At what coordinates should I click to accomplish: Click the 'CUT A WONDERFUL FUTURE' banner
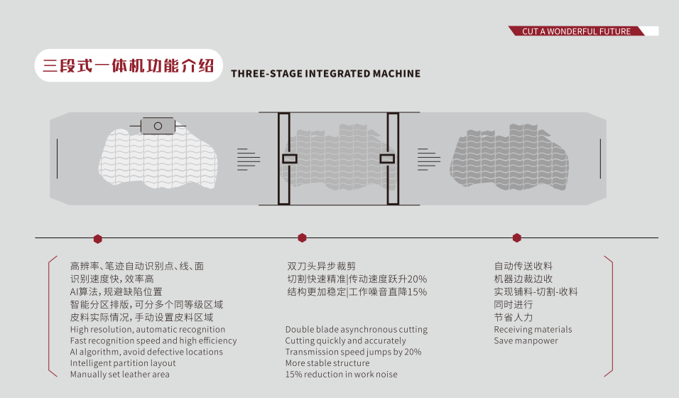[x=576, y=31]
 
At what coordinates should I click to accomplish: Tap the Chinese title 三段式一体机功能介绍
[x=129, y=66]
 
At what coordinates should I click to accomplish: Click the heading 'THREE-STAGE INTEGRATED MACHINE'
[x=325, y=73]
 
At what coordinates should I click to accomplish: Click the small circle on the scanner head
[x=158, y=126]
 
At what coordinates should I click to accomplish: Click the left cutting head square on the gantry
[x=289, y=158]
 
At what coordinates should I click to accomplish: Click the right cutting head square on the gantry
[x=387, y=158]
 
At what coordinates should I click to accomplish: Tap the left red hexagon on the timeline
[x=98, y=239]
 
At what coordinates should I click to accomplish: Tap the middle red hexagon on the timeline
[x=302, y=238]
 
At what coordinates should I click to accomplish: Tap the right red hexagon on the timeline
[x=517, y=238]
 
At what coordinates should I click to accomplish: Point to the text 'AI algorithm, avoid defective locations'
[x=146, y=352]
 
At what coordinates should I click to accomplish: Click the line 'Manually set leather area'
[x=119, y=375]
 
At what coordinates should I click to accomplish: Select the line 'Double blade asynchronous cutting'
[x=356, y=330]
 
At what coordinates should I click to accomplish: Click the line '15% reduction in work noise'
[x=341, y=375]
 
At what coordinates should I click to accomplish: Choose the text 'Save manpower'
[x=526, y=341]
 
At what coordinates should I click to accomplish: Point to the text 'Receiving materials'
[x=533, y=330]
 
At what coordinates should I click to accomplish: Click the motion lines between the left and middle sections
[x=248, y=158]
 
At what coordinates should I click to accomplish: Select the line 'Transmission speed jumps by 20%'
[x=353, y=352]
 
